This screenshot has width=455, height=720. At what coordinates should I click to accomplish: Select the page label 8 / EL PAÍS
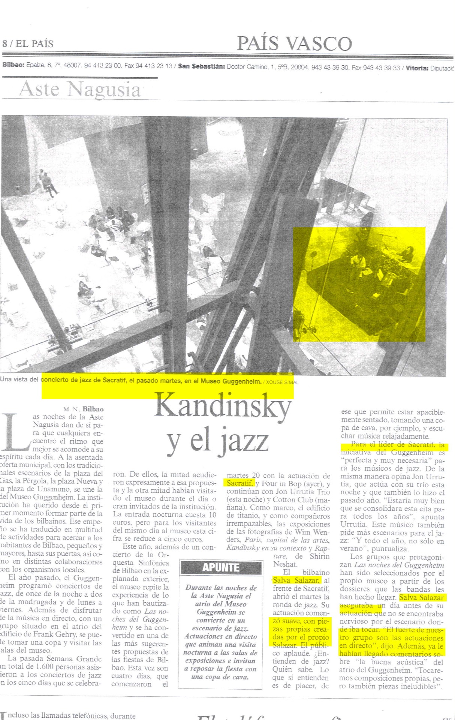(x=28, y=43)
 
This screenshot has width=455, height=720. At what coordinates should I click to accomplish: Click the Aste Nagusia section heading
(x=80, y=89)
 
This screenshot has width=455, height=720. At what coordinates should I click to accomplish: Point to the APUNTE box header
(x=221, y=567)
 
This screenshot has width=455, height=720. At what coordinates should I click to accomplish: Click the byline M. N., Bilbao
(x=83, y=409)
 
